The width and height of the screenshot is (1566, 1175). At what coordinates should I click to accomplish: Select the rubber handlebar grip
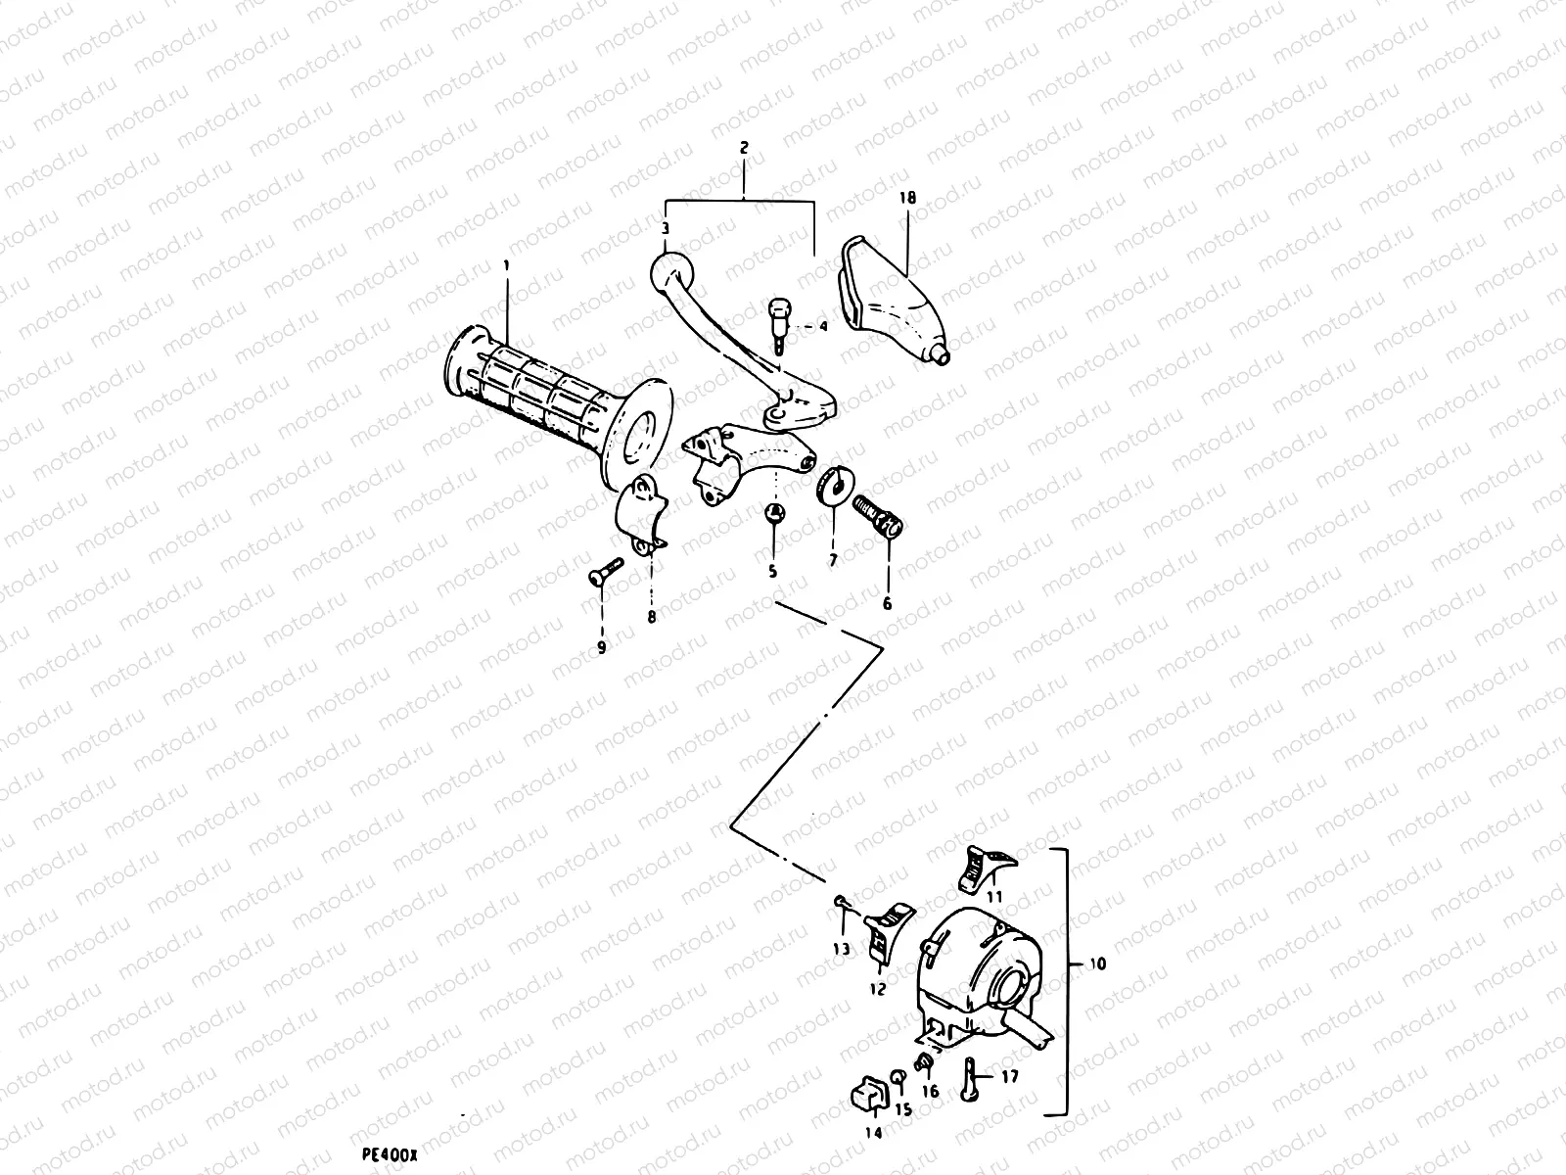[548, 401]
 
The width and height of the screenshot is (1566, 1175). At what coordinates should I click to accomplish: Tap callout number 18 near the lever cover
[907, 197]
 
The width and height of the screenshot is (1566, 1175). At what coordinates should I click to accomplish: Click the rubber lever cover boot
[891, 304]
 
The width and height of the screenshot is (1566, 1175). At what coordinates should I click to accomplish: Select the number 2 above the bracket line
[744, 148]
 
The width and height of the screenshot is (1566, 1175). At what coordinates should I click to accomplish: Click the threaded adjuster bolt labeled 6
[880, 514]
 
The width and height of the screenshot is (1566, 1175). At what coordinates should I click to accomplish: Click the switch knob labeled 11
[984, 867]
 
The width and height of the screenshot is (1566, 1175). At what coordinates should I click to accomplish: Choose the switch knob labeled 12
[887, 930]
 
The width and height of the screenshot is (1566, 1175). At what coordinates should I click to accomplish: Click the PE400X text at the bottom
[390, 1155]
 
